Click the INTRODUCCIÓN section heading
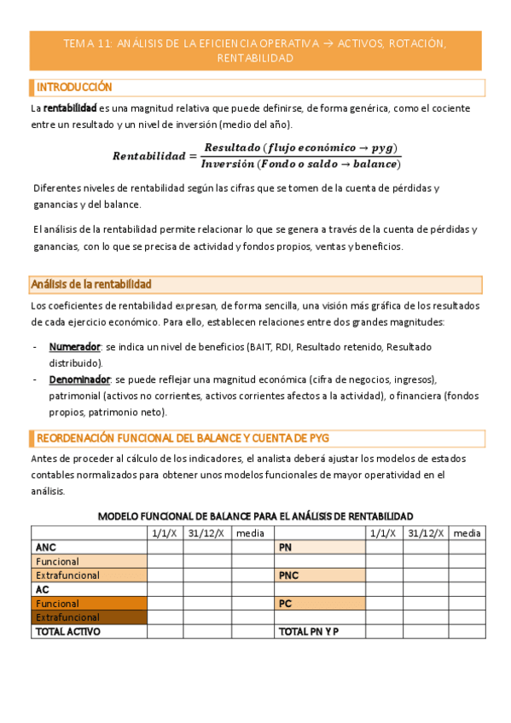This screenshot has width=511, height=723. (74, 88)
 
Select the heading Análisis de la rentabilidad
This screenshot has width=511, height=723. (91, 284)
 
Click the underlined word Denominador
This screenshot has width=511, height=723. (79, 379)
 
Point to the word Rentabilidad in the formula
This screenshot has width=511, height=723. (148, 156)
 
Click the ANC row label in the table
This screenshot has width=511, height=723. (45, 547)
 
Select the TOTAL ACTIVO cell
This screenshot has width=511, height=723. (67, 632)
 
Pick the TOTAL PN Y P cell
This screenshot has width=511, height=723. (308, 632)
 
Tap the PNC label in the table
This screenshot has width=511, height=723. (289, 576)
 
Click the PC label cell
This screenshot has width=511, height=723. (286, 604)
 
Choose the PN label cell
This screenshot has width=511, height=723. (286, 547)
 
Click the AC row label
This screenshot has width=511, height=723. (43, 589)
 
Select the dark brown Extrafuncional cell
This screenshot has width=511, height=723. (67, 617)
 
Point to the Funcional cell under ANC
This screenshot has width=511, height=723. (57, 562)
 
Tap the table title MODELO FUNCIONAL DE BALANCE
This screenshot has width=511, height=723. (256, 517)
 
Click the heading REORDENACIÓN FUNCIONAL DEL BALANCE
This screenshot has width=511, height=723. (183, 438)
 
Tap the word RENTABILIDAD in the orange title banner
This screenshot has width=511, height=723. (256, 58)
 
